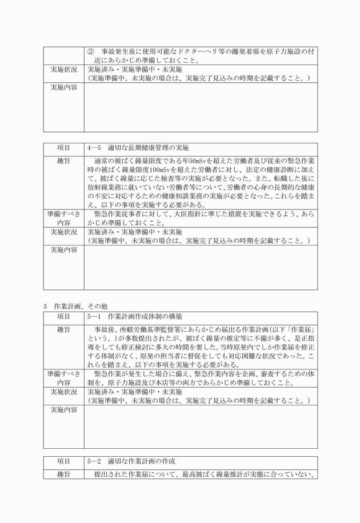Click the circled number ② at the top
[x=90, y=51]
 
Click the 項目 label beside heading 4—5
[x=63, y=147]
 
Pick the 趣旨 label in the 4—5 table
[x=63, y=160]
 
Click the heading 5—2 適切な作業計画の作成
[x=131, y=461]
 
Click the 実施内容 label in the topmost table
[x=63, y=87]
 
